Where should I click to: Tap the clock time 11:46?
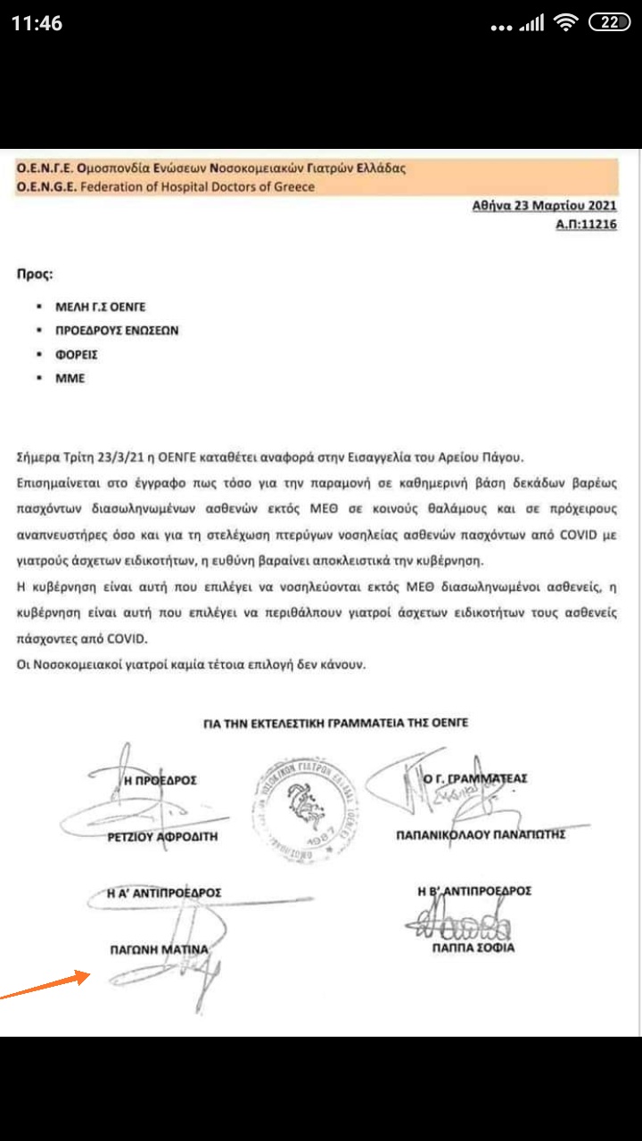point(37,24)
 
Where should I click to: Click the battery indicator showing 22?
point(610,24)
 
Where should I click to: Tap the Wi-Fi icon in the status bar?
point(565,24)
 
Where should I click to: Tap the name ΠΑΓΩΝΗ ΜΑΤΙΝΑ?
point(158,949)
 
